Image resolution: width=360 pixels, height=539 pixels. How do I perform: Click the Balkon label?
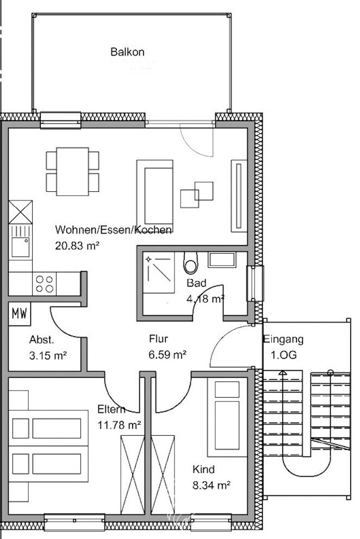pyautogui.click(x=127, y=52)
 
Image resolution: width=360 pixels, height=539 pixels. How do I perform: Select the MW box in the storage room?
pyautogui.click(x=20, y=314)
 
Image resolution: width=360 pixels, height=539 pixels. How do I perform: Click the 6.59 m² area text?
pyautogui.click(x=168, y=355)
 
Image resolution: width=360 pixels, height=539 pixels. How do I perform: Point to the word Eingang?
pyautogui.click(x=283, y=340)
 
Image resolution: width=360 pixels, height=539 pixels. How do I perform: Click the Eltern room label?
pyautogui.click(x=111, y=409)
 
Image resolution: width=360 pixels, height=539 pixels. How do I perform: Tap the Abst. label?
pyautogui.click(x=41, y=341)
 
